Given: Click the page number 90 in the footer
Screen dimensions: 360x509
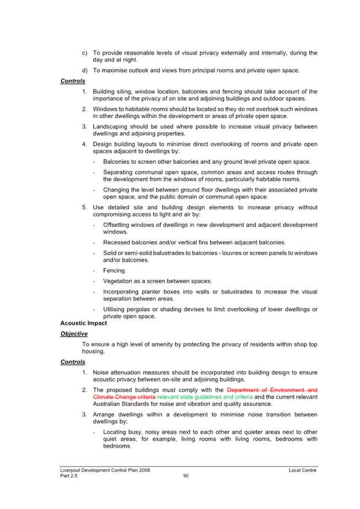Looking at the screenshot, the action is pyautogui.click(x=186, y=476).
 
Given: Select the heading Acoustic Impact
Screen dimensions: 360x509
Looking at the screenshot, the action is pyautogui.click(x=83, y=323).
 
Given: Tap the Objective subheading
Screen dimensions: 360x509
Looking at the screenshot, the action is pyautogui.click(x=74, y=334).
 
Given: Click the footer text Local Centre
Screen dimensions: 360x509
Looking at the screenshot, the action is pyautogui.click(x=303, y=470).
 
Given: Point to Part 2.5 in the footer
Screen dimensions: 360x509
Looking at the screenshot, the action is pyautogui.click(x=69, y=476).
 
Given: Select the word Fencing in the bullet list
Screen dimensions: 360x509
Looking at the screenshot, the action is pyautogui.click(x=114, y=270).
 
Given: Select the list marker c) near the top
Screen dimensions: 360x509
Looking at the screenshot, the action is pyautogui.click(x=85, y=53).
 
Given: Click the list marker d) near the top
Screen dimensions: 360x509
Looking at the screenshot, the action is pyautogui.click(x=85, y=71).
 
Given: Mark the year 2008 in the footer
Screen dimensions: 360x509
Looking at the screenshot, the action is pyautogui.click(x=144, y=470).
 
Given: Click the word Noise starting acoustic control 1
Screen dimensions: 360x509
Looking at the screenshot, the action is pyautogui.click(x=100, y=372).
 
